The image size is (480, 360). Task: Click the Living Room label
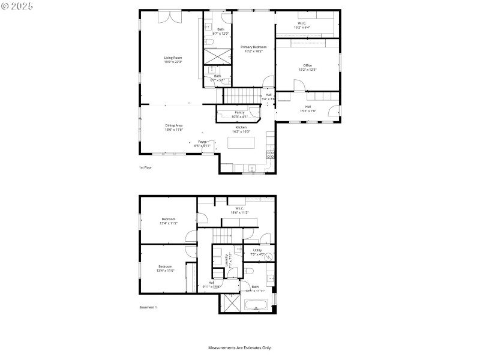coord(173,60)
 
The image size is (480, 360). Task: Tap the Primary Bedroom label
coord(254,49)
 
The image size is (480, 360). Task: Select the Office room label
coord(307,67)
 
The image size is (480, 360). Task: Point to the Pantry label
coord(239,114)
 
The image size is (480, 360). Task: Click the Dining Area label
coord(174,127)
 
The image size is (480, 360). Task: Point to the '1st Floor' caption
coord(145,167)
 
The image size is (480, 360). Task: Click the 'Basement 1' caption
coord(148,307)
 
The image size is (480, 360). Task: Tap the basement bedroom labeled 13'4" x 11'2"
coord(168,221)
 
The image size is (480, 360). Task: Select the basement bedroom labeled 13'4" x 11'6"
coord(165,268)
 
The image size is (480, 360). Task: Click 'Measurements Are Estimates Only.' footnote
coord(240,347)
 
